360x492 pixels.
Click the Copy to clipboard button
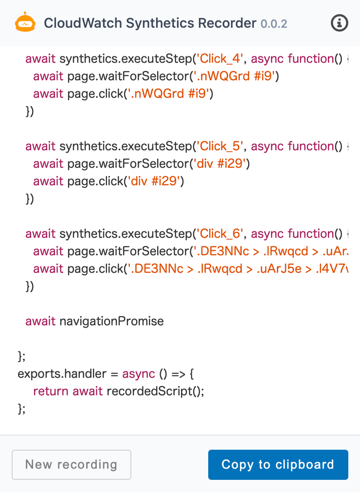(278, 465)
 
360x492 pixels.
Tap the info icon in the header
(339, 23)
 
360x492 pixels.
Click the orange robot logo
(25, 22)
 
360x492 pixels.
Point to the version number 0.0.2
(274, 24)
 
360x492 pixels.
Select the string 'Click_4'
(220, 59)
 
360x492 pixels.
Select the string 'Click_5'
(220, 146)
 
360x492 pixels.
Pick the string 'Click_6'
(220, 234)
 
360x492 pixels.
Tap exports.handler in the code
(62, 374)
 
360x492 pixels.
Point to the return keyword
(51, 391)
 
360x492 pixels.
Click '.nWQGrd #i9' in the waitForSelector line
(234, 76)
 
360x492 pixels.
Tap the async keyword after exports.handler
(139, 374)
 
